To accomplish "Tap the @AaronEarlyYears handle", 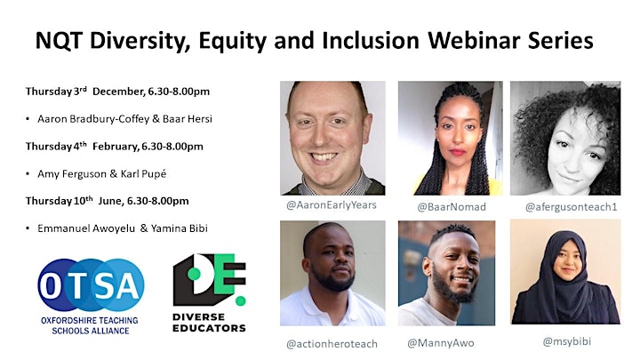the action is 332,205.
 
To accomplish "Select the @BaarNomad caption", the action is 452,207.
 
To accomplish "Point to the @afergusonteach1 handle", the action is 571,207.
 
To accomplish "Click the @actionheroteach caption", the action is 332,344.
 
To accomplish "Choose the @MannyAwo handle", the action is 441,343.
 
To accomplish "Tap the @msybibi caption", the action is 566,341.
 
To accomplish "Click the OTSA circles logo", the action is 91,285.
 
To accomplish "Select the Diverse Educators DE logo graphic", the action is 210,280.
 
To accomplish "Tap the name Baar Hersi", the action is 188,119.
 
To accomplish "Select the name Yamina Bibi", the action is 180,228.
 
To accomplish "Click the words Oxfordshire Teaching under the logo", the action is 90,320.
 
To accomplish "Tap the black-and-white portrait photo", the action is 565,138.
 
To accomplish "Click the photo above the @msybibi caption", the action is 565,272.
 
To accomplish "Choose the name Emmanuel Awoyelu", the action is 86,228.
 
